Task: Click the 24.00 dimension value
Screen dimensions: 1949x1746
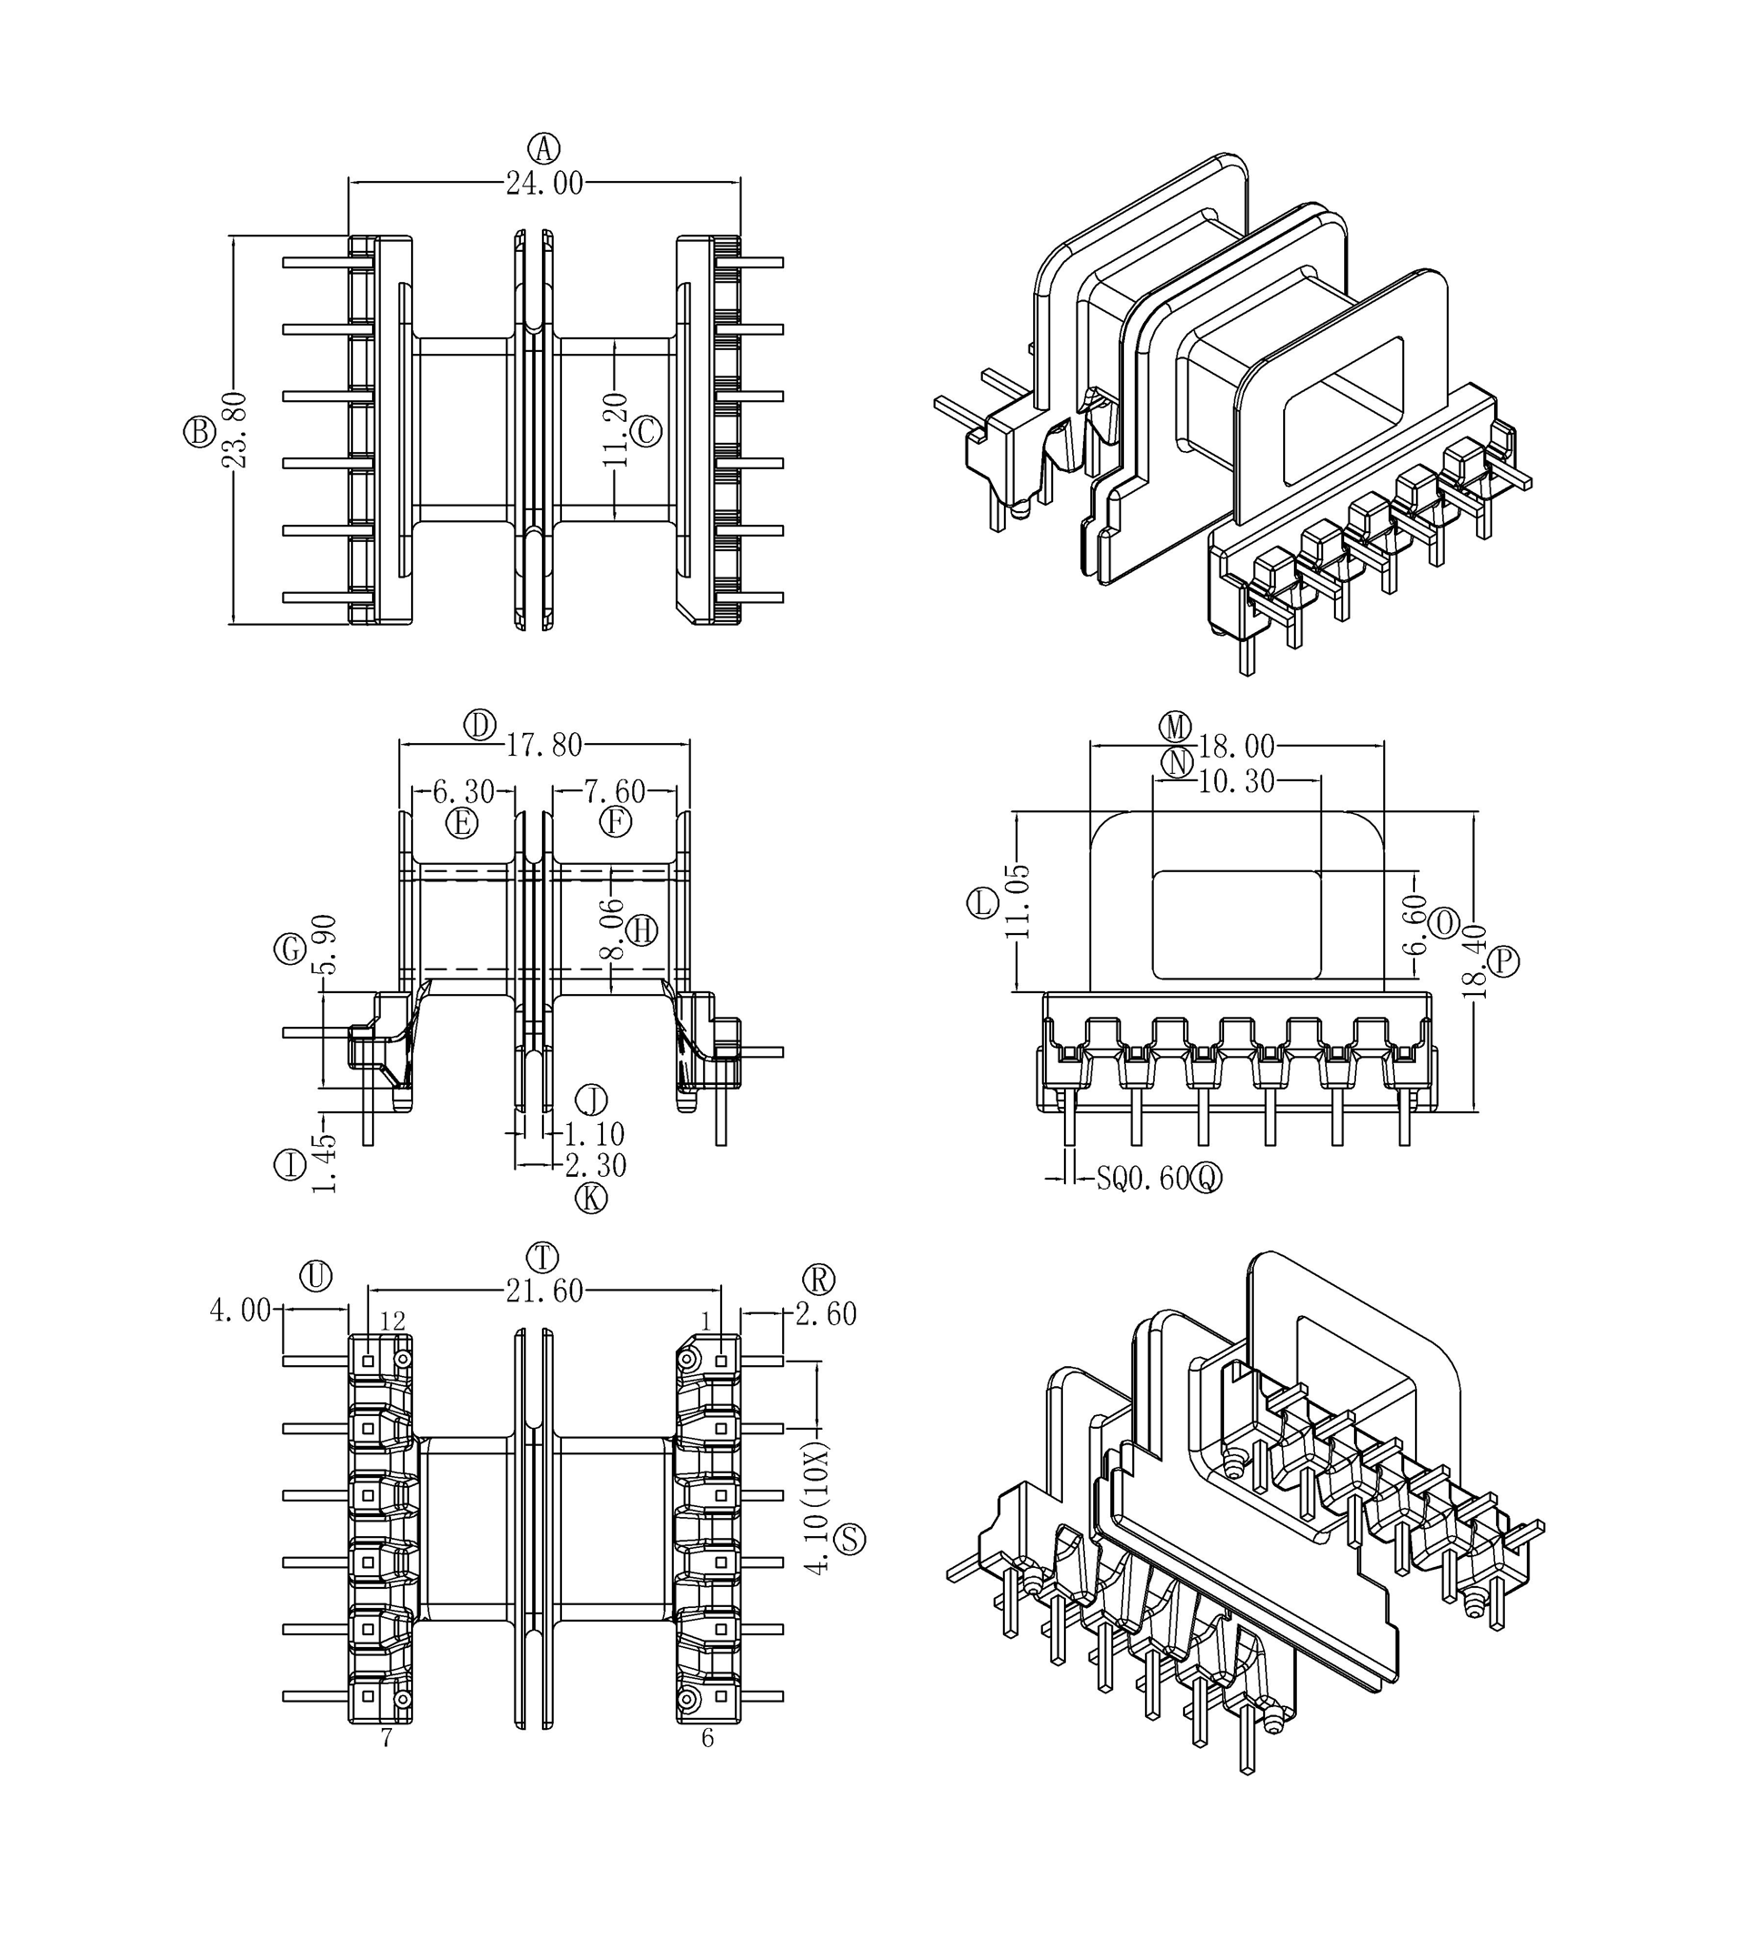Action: coord(544,184)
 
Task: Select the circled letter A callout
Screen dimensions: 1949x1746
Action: coord(544,149)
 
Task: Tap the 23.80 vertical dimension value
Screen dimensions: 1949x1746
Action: coord(235,430)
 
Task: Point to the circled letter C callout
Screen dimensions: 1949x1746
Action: coord(647,432)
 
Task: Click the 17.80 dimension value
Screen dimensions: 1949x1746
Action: coord(544,745)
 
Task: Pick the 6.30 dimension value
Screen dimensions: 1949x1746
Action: coord(464,791)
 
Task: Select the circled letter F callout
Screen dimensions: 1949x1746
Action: coord(615,822)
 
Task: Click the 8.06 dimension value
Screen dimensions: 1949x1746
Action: coord(613,928)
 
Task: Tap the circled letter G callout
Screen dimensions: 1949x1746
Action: coord(290,950)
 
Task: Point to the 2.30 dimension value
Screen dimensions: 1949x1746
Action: coord(596,1166)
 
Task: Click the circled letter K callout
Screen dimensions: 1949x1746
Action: coord(591,1198)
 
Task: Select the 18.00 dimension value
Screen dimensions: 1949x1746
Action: coord(1237,747)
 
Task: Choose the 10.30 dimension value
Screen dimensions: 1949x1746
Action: coord(1237,782)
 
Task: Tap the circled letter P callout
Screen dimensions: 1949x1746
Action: coord(1503,960)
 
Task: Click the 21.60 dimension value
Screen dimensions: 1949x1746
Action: coord(544,1291)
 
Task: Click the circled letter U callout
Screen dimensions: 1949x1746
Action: coord(316,1276)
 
